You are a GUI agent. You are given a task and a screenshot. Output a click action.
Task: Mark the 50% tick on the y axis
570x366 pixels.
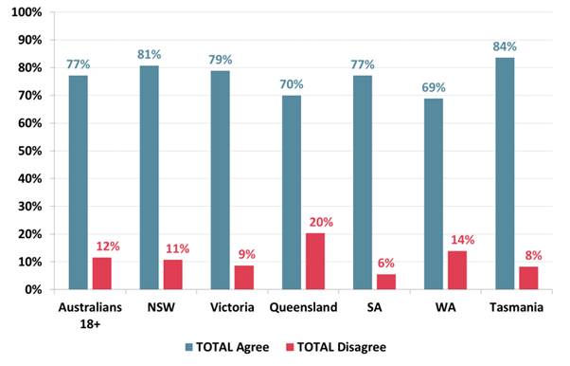coord(28,151)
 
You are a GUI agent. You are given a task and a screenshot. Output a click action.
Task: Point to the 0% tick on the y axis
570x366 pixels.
coord(32,289)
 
